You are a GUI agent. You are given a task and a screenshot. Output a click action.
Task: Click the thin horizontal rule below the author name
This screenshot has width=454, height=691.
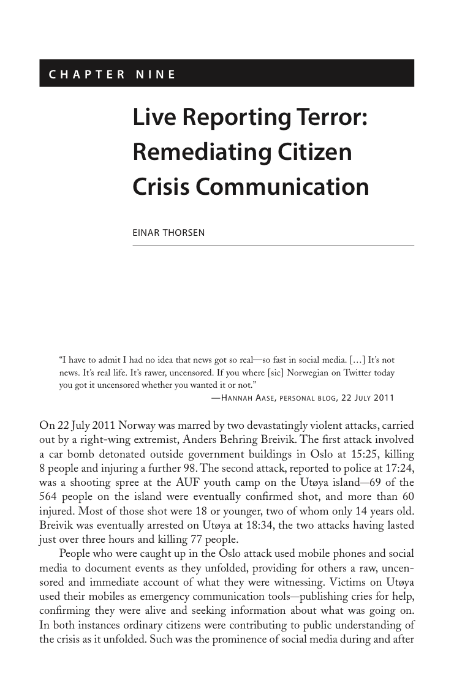pyautogui.click(x=273, y=246)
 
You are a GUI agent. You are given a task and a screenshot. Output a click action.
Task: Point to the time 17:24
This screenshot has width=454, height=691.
pyautogui.click(x=400, y=467)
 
